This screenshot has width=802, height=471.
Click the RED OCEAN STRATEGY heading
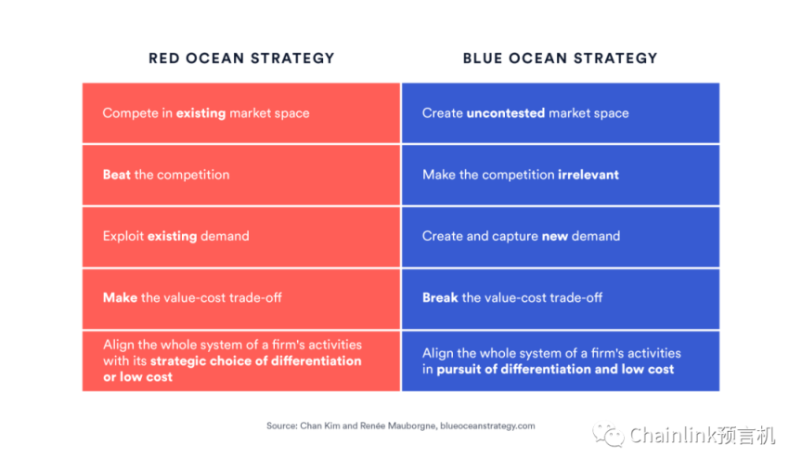point(241,59)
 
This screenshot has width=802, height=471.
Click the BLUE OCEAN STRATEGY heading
point(560,59)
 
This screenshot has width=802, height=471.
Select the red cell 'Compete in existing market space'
point(241,113)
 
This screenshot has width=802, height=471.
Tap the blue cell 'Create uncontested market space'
point(561,113)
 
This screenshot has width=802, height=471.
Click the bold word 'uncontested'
point(505,113)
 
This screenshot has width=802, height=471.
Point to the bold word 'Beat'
point(117,175)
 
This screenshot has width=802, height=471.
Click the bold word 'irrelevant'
point(589,175)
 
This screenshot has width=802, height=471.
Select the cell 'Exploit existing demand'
point(241,237)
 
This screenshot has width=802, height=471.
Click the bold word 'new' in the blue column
point(555,237)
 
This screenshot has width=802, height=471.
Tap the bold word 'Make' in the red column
point(120,297)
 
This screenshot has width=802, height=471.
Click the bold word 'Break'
point(440,297)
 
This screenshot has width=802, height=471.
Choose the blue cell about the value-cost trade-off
point(561,299)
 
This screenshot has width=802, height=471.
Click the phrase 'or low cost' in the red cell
point(137,377)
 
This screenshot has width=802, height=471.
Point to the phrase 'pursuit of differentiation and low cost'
point(555,369)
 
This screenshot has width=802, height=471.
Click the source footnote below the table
point(400,426)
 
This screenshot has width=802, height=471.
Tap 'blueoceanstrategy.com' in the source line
point(487,426)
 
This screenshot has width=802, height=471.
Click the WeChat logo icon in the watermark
point(608,435)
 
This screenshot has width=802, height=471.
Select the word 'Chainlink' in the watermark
point(673,436)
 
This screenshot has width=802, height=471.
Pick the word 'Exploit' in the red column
point(123,237)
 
